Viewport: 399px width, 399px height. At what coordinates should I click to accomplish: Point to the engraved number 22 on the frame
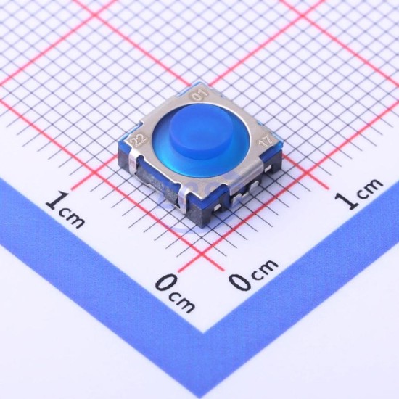pos(139,139)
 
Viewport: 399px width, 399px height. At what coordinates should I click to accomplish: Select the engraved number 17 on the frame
pos(266,141)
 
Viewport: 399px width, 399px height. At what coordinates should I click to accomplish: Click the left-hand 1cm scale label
pos(65,209)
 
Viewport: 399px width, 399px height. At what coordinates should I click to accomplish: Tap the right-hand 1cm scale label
pos(358,194)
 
